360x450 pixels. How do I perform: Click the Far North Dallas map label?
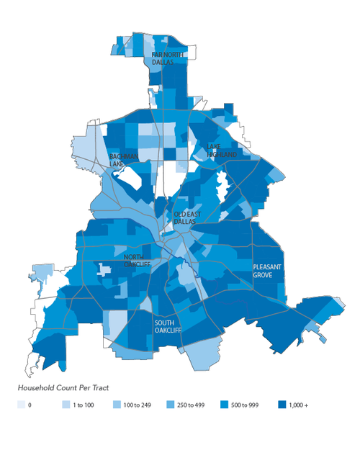tap(168, 58)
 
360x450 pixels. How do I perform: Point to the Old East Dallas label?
tap(189, 218)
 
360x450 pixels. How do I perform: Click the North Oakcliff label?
tap(138, 261)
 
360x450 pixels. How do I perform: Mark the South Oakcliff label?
tap(168, 326)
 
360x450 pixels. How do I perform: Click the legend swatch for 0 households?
tap(21, 405)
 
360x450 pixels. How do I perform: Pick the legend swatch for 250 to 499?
tap(171, 405)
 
